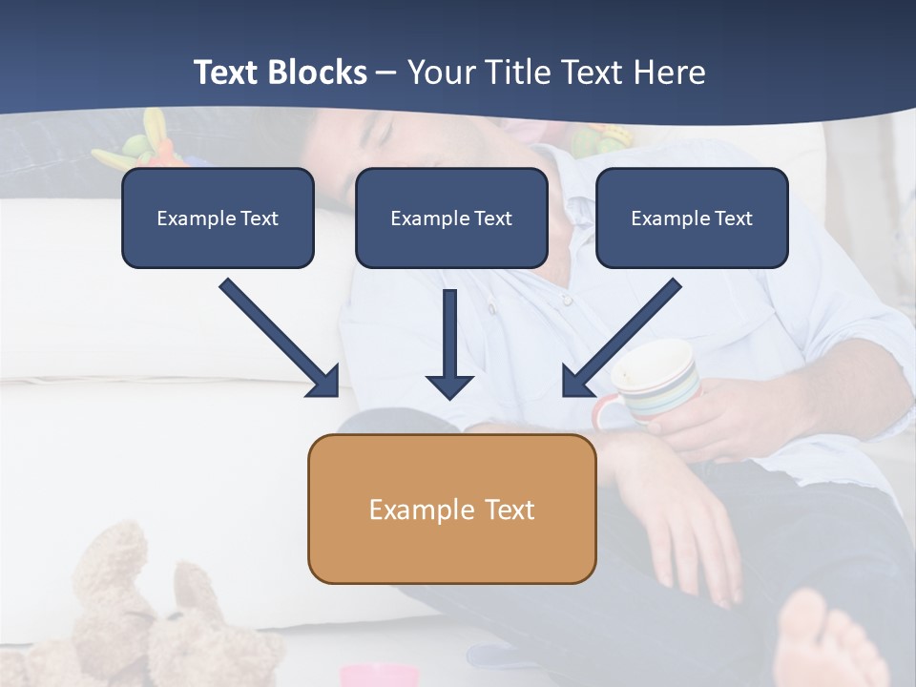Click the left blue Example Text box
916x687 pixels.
pos(218,218)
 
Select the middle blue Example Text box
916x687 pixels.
pos(451,218)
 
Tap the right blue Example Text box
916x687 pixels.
pos(692,218)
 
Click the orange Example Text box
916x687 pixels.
pos(451,509)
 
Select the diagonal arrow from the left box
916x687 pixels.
pos(280,338)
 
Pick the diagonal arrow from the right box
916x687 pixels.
pos(622,338)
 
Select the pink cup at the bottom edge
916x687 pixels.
pos(380,676)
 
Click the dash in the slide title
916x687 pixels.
pos(386,73)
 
